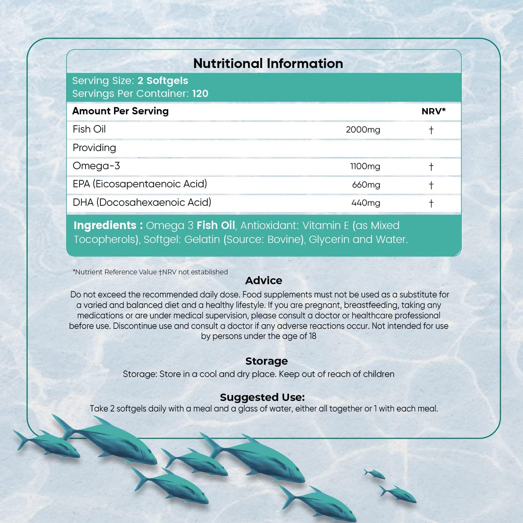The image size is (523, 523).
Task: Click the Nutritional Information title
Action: click(268, 63)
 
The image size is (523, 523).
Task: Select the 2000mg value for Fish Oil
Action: click(363, 130)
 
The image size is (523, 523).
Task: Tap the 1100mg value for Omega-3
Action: click(365, 166)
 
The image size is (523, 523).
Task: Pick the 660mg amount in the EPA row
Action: click(366, 185)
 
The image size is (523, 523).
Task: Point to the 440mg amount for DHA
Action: click(366, 203)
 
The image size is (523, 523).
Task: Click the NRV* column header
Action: click(433, 111)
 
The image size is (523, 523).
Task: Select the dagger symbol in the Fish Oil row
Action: click(431, 130)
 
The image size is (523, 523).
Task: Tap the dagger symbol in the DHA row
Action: click(431, 203)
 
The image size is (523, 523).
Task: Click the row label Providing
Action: click(94, 148)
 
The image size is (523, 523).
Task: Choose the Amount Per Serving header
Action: click(120, 111)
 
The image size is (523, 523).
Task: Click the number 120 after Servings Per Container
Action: click(200, 93)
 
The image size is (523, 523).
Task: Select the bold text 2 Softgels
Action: click(163, 81)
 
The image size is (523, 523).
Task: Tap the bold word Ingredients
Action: click(105, 225)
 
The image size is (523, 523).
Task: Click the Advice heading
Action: click(264, 280)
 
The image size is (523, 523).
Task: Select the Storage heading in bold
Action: click(266, 361)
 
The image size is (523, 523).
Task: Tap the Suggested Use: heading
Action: click(262, 397)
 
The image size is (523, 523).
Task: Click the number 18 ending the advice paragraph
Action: click(312, 336)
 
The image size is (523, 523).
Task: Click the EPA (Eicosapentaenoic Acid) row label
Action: click(140, 184)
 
